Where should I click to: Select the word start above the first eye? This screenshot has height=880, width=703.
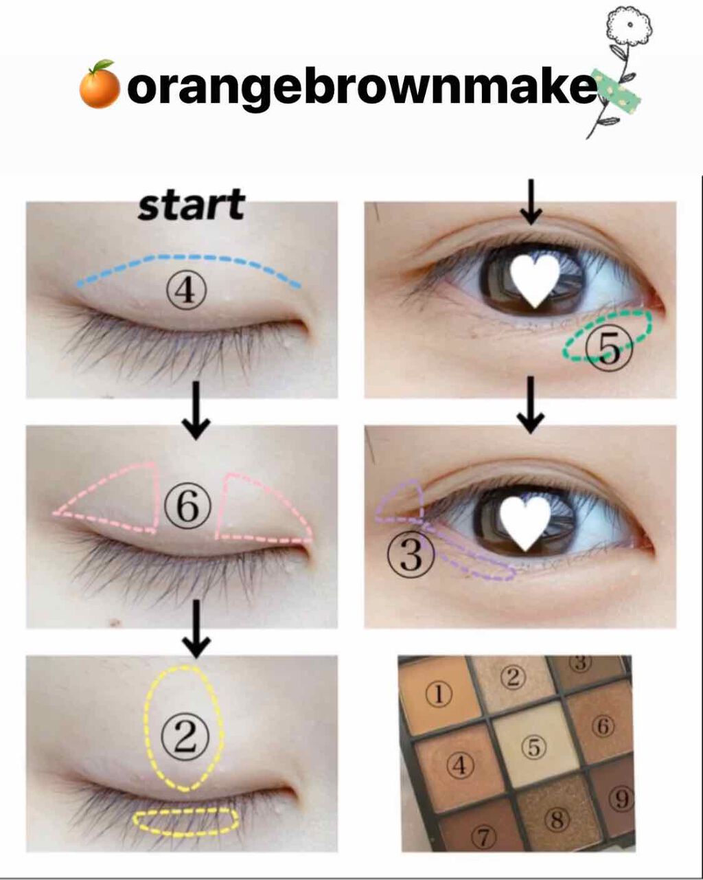(x=191, y=205)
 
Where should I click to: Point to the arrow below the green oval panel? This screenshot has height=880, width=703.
(x=530, y=413)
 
